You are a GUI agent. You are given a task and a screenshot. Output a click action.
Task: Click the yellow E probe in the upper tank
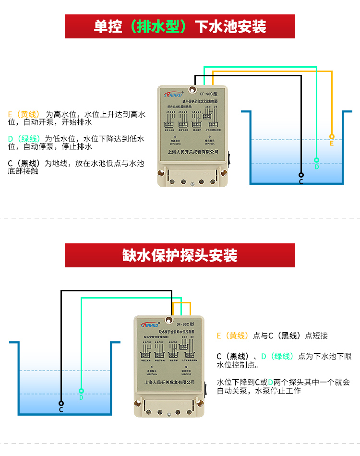[x=332, y=137]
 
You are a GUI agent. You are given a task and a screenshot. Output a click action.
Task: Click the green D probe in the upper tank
[x=316, y=160]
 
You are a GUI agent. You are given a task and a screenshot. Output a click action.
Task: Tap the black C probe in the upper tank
[x=301, y=175]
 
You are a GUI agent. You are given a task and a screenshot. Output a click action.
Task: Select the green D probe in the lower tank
[x=81, y=391]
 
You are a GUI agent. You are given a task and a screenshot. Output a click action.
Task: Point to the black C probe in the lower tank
[x=61, y=404]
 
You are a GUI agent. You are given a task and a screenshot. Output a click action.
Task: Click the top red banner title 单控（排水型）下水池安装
[x=180, y=26]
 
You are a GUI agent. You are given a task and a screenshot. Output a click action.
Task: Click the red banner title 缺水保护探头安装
[x=180, y=255]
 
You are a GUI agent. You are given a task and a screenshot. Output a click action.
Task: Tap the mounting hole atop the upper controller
[x=192, y=89]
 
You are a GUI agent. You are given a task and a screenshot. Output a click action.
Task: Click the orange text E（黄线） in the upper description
[x=24, y=115]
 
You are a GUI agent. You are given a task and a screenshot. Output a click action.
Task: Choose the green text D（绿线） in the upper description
[x=24, y=139]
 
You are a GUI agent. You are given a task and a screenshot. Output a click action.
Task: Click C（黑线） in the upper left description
[x=24, y=163]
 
